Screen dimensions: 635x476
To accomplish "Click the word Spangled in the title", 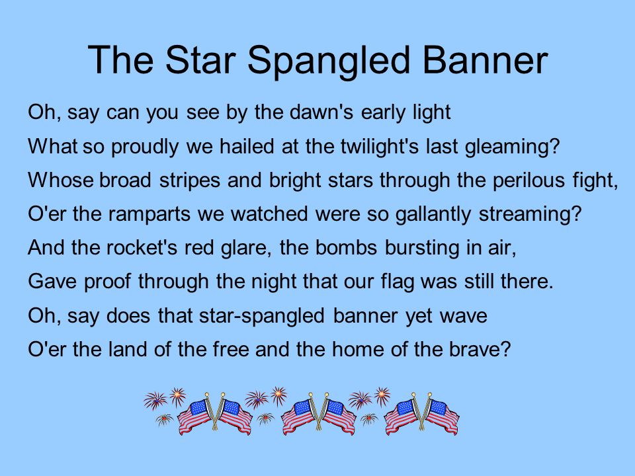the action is click(x=329, y=61).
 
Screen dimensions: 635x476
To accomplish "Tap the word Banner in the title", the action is click(x=485, y=60).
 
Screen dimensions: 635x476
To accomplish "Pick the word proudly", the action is click(x=145, y=147).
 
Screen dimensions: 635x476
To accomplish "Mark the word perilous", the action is click(x=529, y=180).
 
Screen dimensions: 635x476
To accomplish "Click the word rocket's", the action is click(x=142, y=248).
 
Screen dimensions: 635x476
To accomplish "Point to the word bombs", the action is click(x=346, y=248).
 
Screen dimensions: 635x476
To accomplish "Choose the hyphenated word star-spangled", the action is click(x=262, y=316).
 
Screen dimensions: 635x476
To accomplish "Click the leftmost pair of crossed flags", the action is click(x=214, y=414).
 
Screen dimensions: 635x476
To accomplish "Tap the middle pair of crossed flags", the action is click(x=318, y=414).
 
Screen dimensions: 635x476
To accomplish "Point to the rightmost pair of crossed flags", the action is click(x=421, y=414).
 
